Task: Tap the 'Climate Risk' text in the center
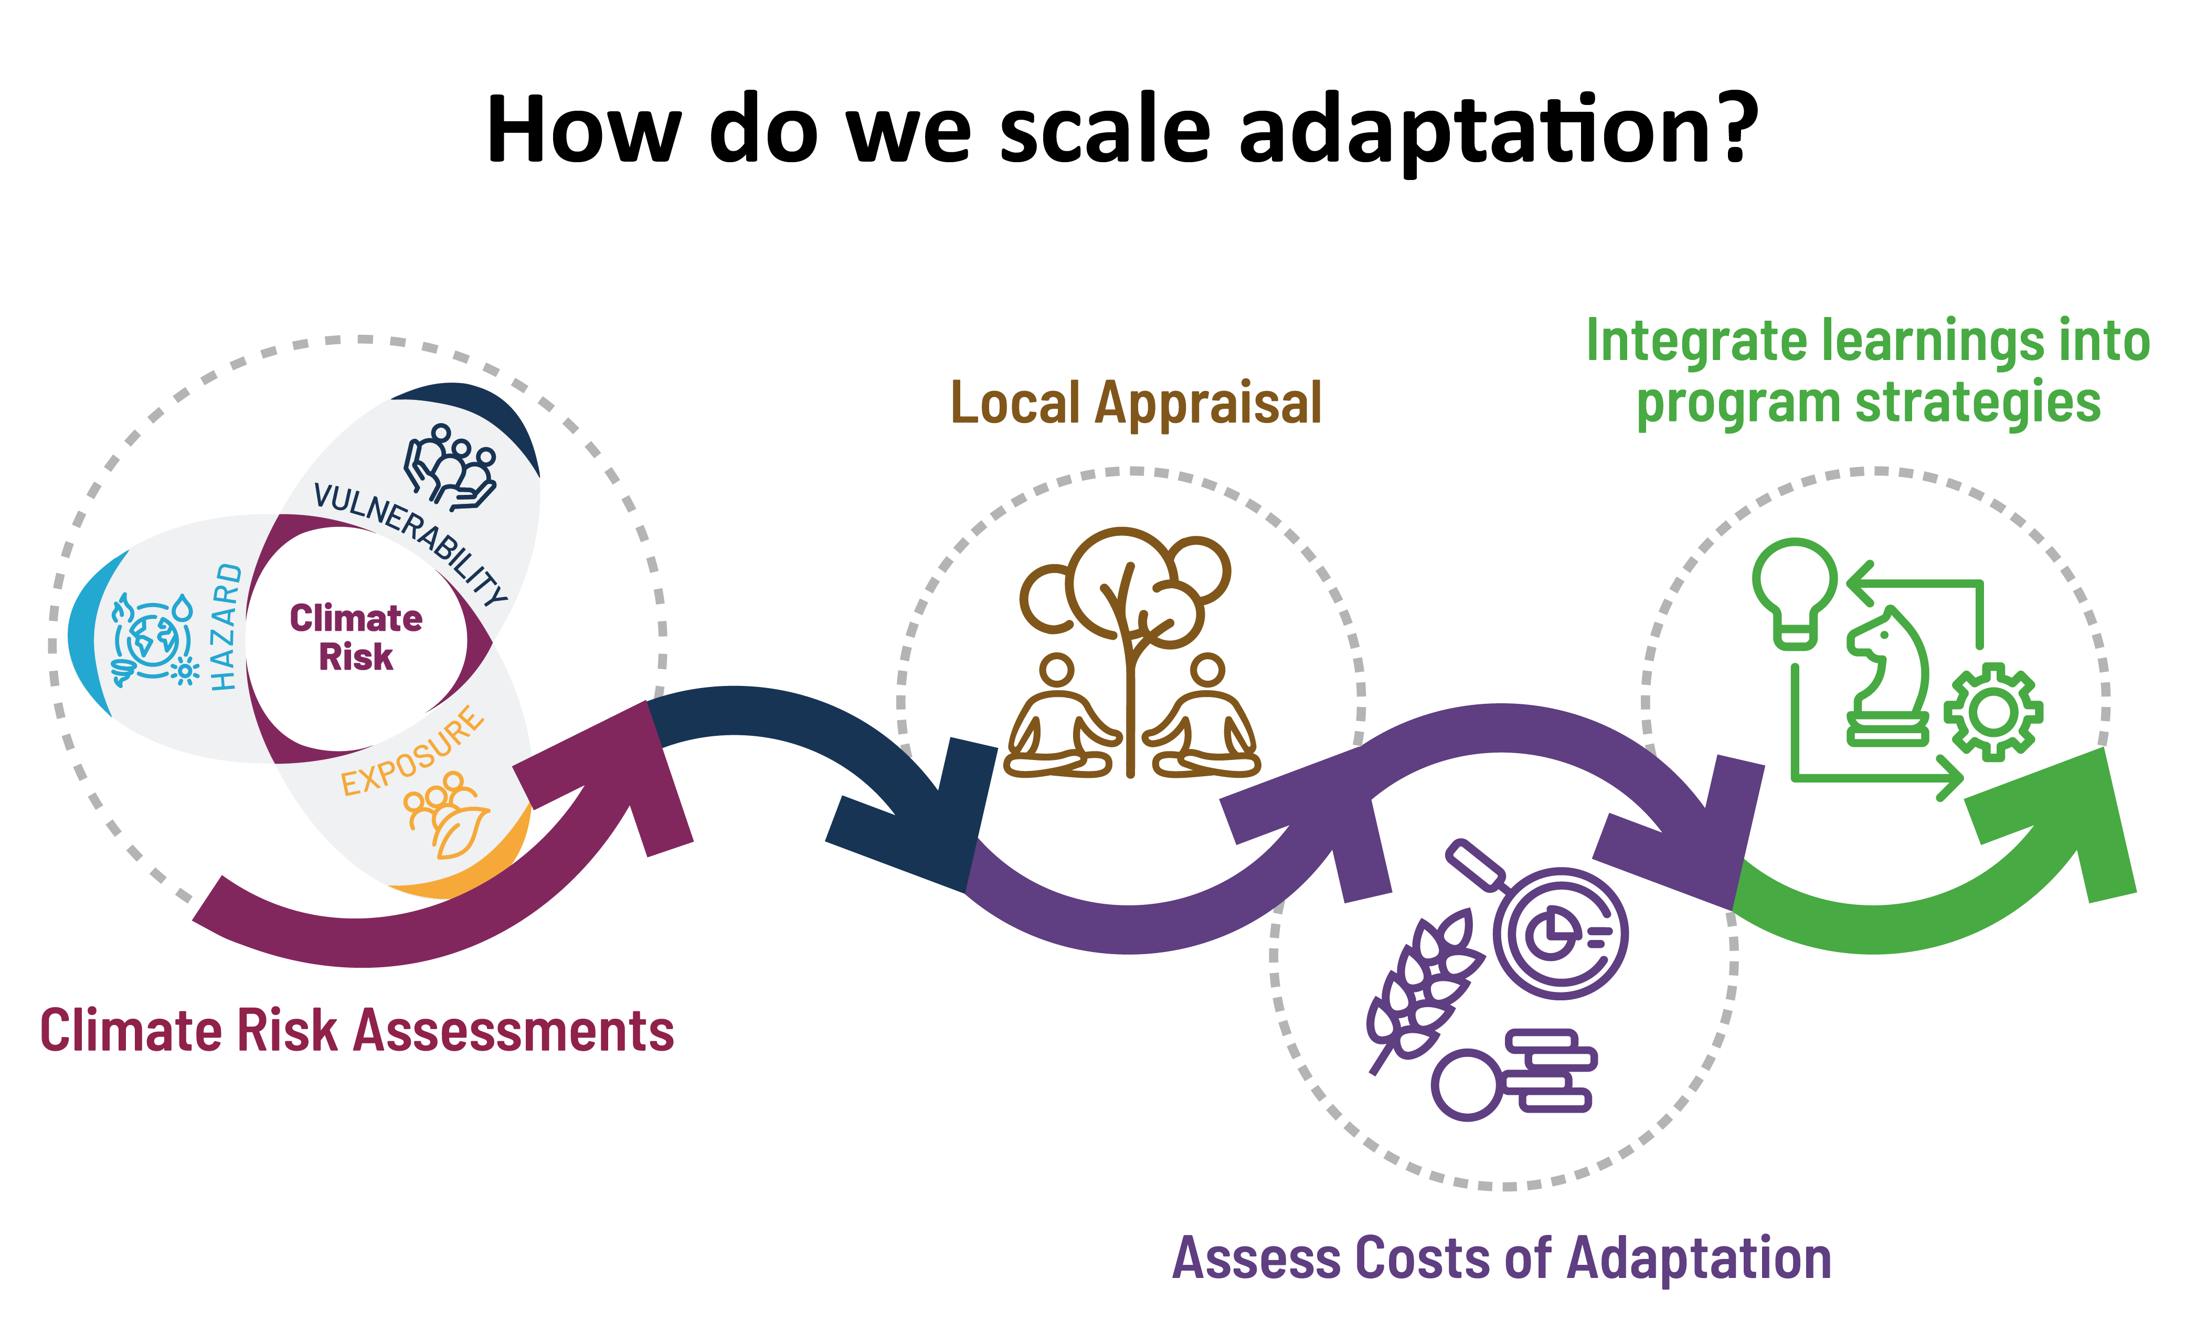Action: (x=356, y=637)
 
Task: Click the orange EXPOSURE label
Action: (x=412, y=751)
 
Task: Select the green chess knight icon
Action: (x=1887, y=678)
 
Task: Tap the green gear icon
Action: (x=1993, y=712)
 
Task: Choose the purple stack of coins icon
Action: (x=1515, y=1074)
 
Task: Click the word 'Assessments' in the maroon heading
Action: (x=514, y=1032)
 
